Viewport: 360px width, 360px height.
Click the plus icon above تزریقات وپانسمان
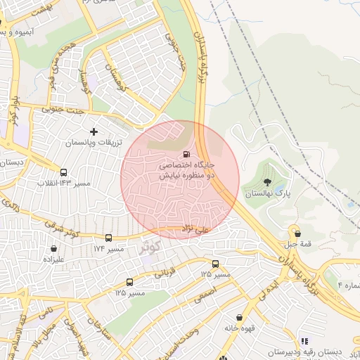pos(94,131)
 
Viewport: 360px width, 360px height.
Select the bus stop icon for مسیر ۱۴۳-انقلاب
pos(64,172)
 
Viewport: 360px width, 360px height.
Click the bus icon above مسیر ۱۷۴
pos(108,238)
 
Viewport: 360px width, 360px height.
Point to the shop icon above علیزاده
pos(54,248)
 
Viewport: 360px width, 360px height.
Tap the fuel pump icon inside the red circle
pos(186,154)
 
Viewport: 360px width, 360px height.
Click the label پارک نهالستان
pos(267,192)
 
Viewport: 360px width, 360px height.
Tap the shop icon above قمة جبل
pos(297,233)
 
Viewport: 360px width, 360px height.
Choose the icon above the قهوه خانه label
pos(240,317)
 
